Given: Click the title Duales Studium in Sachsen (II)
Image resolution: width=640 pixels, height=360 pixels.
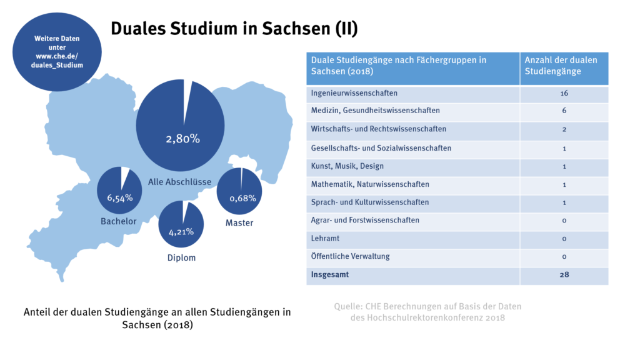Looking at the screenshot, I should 234,29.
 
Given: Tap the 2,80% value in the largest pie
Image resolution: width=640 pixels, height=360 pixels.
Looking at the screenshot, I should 182,139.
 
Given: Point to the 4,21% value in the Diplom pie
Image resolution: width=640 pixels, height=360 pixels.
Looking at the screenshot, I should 181,232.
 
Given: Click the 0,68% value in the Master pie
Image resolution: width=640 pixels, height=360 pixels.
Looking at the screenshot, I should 242,198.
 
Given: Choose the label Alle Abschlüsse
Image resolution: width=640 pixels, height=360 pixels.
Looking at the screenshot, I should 179,182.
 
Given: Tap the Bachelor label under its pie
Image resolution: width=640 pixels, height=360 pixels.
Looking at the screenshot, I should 119,221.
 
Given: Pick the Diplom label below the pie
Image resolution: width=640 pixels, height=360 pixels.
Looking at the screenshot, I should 181,257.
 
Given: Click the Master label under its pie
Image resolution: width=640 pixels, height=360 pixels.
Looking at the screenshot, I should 239,222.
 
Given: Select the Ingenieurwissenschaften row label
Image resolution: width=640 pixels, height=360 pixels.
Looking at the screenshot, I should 354,93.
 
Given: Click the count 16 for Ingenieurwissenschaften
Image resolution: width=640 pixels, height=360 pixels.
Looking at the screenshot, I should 564,93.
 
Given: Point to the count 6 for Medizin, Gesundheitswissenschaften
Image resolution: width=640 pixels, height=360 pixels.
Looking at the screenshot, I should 564,111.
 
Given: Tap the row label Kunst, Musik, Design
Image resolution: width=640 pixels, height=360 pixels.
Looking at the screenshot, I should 347,166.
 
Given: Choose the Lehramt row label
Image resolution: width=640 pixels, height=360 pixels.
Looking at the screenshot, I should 326,238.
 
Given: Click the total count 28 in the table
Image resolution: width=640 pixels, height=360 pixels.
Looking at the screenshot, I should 564,274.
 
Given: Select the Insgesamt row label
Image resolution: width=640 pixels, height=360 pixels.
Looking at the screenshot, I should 329,274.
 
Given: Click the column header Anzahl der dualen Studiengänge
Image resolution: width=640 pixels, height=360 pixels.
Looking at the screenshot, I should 561,66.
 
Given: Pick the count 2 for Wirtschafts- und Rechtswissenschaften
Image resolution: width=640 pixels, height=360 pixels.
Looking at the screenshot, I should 564,129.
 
